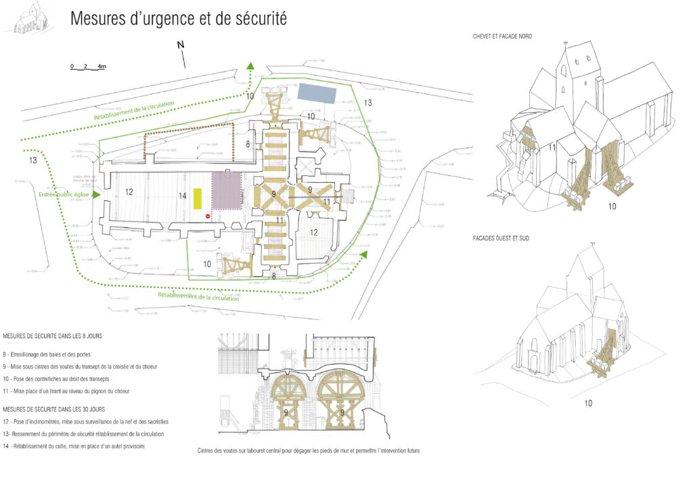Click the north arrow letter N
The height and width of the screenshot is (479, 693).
(181, 45)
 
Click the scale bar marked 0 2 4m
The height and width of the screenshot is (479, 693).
(88, 67)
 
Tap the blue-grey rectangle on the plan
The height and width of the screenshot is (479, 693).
(317, 93)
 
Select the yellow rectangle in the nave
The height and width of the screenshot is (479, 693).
(198, 198)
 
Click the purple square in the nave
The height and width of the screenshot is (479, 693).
(227, 190)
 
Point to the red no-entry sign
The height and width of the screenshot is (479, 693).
(208, 216)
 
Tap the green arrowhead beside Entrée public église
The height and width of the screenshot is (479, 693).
(97, 195)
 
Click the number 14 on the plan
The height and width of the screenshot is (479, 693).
(182, 196)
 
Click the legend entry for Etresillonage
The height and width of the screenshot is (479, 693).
(47, 355)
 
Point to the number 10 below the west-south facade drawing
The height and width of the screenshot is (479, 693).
(588, 403)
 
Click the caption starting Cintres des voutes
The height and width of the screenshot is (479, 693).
(308, 451)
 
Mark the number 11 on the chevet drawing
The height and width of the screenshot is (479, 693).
(552, 147)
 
